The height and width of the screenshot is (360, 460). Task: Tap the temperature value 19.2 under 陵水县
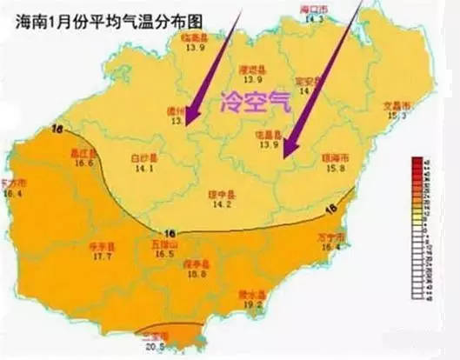(250, 305)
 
